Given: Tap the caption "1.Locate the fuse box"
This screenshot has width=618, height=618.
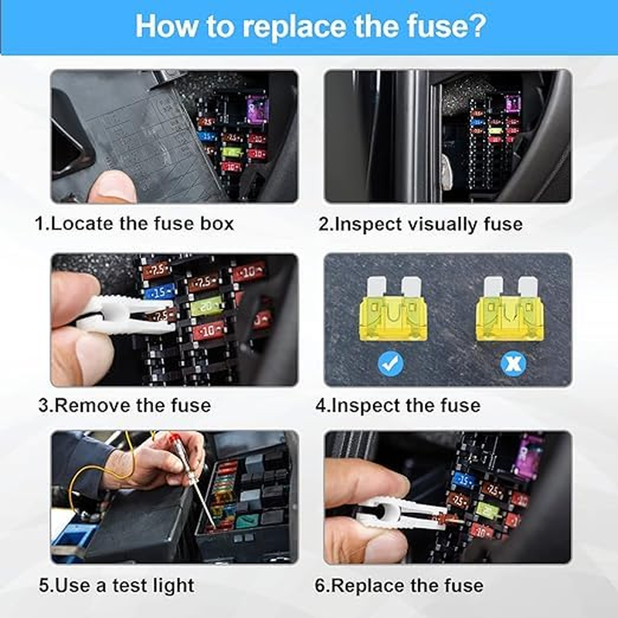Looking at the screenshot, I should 134,224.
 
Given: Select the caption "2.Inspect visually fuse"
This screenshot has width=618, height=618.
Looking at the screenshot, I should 421,224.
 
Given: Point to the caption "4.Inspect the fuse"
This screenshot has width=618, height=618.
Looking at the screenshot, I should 398,405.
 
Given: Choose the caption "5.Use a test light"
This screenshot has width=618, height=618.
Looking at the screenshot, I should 123,585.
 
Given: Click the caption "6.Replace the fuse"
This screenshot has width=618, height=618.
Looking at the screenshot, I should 399,585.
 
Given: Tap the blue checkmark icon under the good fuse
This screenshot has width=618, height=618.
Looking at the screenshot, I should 391,362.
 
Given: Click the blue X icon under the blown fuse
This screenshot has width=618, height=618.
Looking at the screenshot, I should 510,362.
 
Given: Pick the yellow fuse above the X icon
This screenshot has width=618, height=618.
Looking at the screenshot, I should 510,314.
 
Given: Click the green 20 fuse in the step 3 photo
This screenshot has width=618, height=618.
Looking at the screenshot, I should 206,307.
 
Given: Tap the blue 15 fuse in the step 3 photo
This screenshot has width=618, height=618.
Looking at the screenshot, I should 159,293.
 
